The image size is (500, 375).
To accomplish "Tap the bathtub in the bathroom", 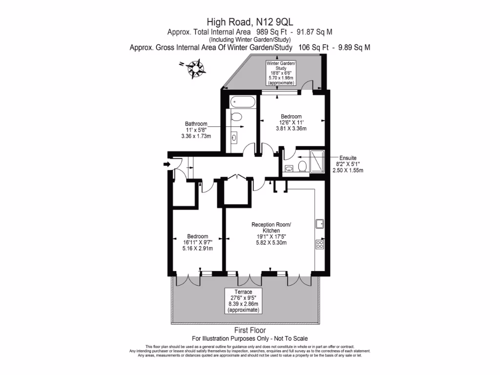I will pyautogui.click(x=242, y=103).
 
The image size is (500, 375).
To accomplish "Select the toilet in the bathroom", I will pyautogui.click(x=236, y=117).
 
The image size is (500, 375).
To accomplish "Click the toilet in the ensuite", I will pyautogui.click(x=301, y=166).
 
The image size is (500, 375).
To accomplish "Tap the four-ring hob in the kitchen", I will pyautogui.click(x=320, y=244).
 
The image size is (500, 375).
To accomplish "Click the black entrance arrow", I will pyautogui.click(x=167, y=165).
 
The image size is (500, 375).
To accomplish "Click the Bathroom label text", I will pyautogui.click(x=196, y=124).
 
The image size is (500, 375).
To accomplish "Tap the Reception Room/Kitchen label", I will pyautogui.click(x=271, y=228).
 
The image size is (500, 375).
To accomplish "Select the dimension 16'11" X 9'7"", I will pyautogui.click(x=198, y=242).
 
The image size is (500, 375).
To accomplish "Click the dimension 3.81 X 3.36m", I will pyautogui.click(x=292, y=129).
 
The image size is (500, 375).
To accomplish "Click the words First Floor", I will pyautogui.click(x=250, y=331).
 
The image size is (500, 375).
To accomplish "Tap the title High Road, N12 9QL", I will pyautogui.click(x=250, y=21).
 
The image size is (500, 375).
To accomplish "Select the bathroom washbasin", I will pyautogui.click(x=234, y=138).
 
